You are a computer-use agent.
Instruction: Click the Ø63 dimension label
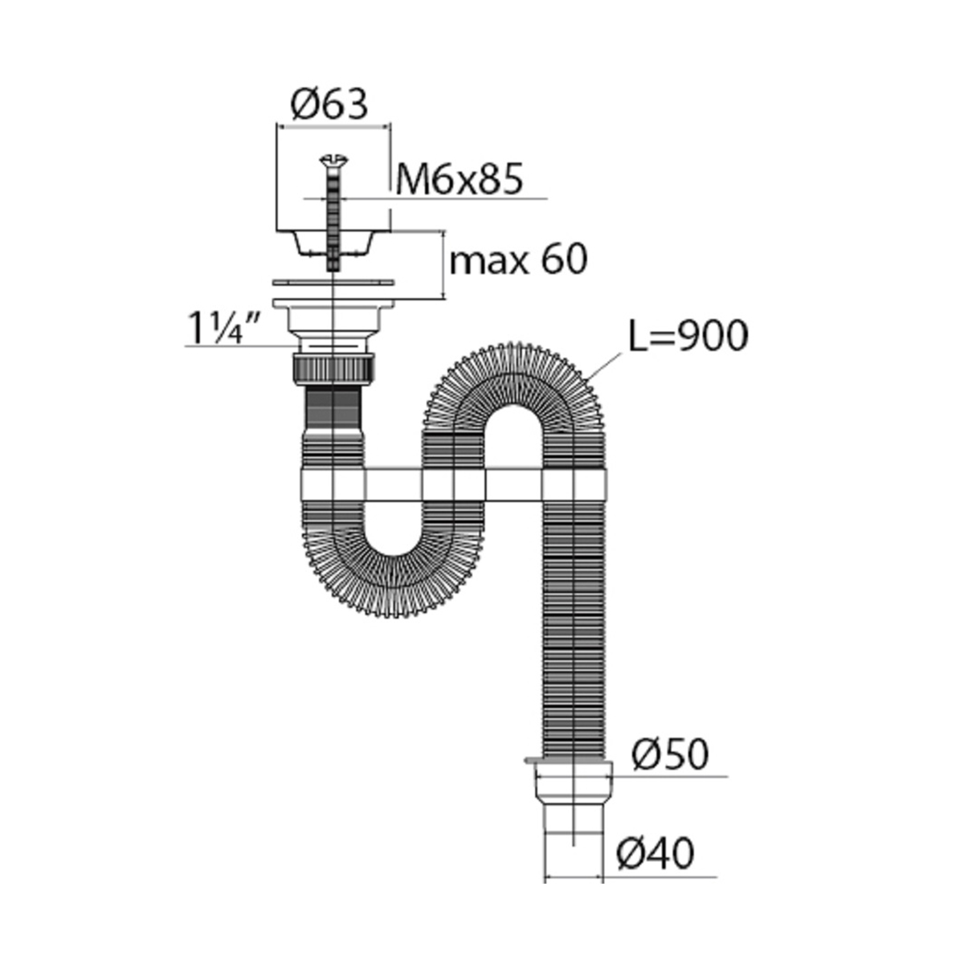pos(329,104)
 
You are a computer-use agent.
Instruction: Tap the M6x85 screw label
pos(459,178)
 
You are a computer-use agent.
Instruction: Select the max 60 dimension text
pos(518,259)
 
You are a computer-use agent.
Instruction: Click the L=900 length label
pos(688,336)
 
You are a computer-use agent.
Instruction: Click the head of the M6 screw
pos(333,161)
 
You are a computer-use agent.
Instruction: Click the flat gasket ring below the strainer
pos(333,283)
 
